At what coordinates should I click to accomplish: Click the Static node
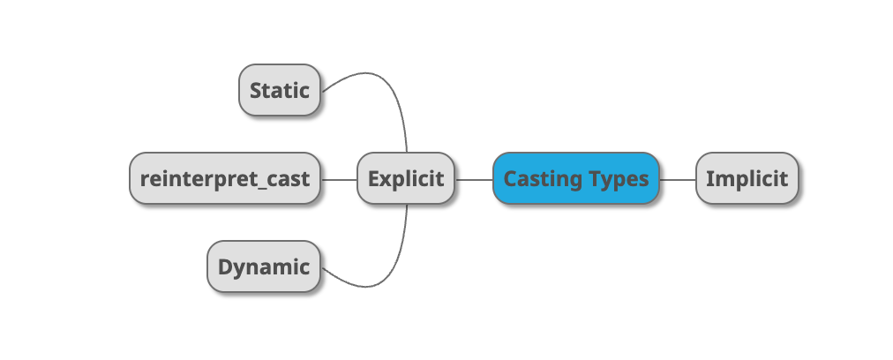(x=279, y=90)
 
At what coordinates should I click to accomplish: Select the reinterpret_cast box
(x=225, y=178)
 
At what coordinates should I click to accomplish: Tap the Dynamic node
(x=263, y=266)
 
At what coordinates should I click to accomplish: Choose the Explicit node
(x=406, y=178)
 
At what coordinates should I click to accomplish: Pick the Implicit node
(x=747, y=178)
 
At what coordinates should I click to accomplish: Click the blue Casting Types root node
(x=576, y=178)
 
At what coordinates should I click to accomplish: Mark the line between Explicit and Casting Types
(x=474, y=179)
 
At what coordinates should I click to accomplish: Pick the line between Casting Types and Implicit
(x=678, y=179)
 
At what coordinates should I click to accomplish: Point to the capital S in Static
(x=256, y=90)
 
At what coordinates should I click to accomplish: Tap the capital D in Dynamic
(x=225, y=266)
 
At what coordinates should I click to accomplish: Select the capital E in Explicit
(x=374, y=178)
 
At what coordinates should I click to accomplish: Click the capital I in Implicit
(x=709, y=178)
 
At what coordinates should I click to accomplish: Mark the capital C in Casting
(x=510, y=178)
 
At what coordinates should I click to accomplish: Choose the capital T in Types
(x=593, y=178)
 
